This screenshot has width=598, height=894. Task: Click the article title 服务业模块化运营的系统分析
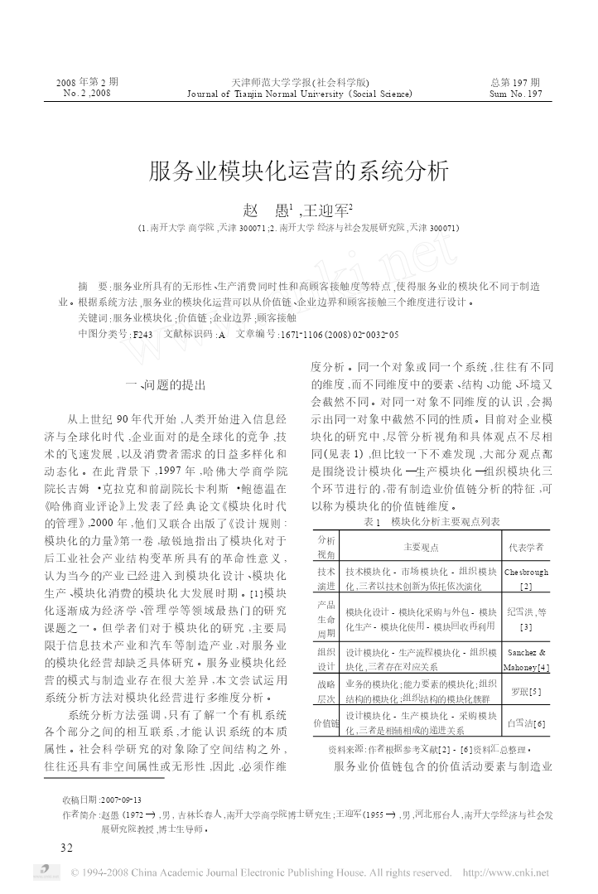tap(299, 171)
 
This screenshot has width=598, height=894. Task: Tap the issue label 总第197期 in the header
tap(514, 82)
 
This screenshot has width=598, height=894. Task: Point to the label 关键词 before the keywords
tap(93, 317)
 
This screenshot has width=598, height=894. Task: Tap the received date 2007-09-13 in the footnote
tap(121, 800)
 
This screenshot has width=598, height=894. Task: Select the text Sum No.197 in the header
tap(515, 94)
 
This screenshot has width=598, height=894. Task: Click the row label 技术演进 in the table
tap(326, 578)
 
